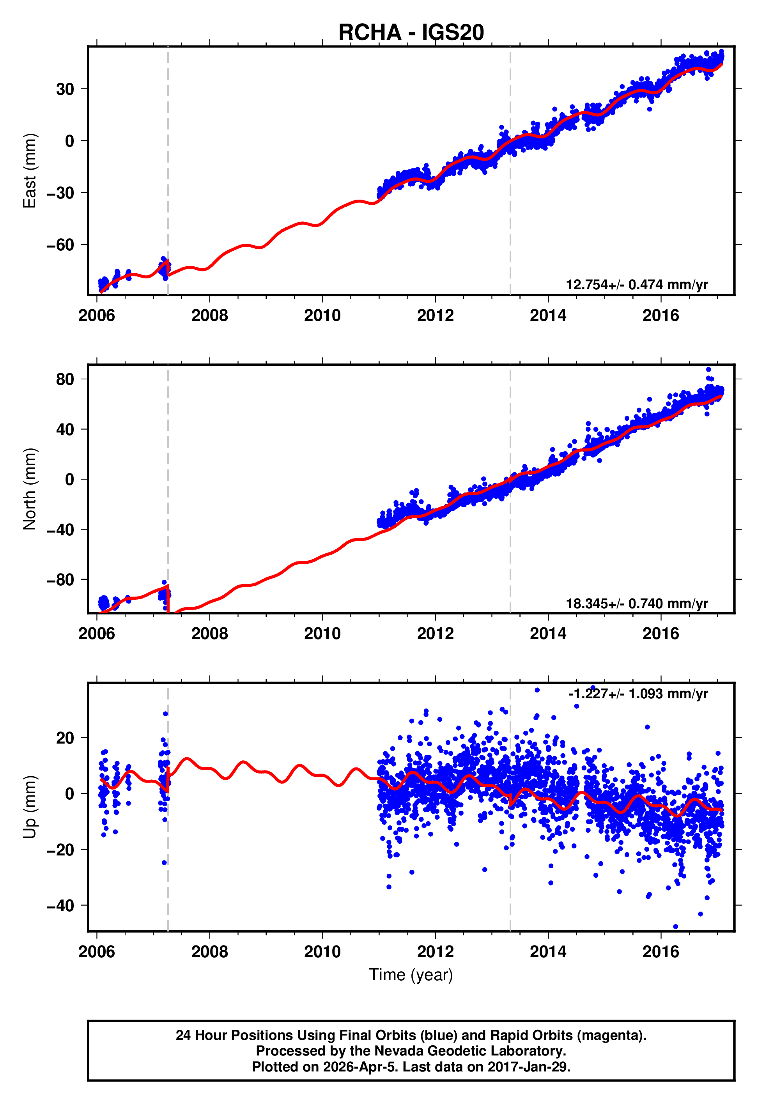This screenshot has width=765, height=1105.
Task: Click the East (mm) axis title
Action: (30, 171)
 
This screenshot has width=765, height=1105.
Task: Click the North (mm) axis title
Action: (30, 489)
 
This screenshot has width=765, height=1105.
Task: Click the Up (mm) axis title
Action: (30, 807)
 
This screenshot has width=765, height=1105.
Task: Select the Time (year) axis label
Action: (411, 975)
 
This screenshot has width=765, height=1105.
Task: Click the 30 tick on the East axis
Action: (65, 89)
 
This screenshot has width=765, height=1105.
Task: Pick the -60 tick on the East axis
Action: (60, 245)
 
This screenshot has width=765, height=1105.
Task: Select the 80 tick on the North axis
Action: (65, 379)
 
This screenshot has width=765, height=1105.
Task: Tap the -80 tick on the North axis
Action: (60, 580)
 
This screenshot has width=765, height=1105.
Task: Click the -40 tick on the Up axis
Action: (60, 906)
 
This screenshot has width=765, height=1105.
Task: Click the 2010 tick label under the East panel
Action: (322, 316)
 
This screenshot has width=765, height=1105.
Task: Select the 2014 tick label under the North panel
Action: (548, 634)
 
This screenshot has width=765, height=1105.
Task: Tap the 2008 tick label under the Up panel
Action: (209, 952)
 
